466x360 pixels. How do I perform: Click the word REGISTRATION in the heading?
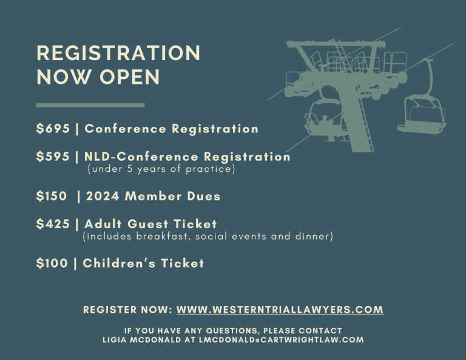tap(118, 53)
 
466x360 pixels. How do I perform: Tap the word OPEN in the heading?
tap(130, 77)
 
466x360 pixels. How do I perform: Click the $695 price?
tap(53, 129)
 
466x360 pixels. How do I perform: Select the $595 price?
tap(53, 157)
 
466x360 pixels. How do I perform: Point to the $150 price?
tap(52, 196)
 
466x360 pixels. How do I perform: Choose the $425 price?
tap(53, 224)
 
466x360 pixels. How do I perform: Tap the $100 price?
tap(52, 263)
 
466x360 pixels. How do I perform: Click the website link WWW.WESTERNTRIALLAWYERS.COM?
tap(280, 310)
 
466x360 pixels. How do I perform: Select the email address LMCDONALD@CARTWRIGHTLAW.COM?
tap(282, 340)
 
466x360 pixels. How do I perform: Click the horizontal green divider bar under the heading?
tap(90, 105)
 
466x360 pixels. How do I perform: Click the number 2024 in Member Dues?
tap(103, 196)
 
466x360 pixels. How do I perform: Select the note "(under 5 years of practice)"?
tap(161, 169)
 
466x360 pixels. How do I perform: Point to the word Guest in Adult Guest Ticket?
tap(148, 224)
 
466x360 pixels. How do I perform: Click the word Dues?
tap(204, 196)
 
